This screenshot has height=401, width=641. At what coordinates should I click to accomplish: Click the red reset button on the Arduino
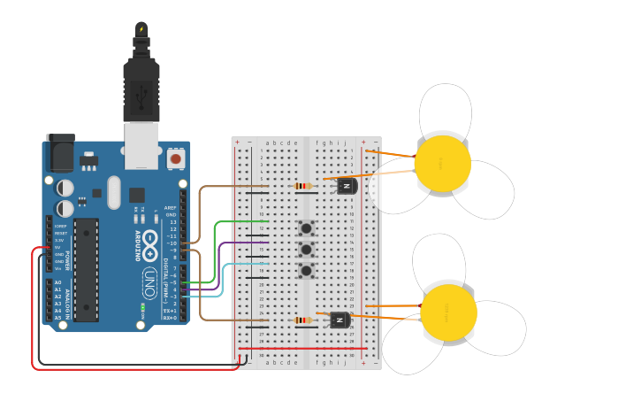[175, 159]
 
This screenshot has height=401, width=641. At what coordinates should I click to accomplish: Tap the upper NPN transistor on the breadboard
[347, 185]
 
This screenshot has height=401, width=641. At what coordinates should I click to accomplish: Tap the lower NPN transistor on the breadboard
[340, 320]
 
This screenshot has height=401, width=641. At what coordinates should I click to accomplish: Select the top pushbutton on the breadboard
[307, 228]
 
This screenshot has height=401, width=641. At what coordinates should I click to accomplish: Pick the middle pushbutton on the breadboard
[307, 250]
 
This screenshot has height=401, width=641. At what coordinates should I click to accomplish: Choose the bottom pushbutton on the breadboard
[307, 271]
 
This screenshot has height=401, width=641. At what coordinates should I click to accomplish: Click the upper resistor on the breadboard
[303, 186]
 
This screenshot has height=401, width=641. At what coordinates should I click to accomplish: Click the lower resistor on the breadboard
[303, 320]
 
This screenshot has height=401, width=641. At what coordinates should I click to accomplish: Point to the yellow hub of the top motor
[442, 164]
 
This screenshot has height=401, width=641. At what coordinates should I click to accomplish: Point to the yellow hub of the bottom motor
[448, 312]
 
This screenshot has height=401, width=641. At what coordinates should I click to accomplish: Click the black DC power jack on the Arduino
[60, 152]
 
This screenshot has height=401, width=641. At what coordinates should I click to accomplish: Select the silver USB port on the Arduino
[141, 143]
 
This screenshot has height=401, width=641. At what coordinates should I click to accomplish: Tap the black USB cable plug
[141, 89]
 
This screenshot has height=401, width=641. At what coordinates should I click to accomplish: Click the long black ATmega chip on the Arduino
[86, 269]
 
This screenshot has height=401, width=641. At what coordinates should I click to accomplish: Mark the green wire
[215, 252]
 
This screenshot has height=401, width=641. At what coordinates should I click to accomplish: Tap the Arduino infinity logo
[150, 239]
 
